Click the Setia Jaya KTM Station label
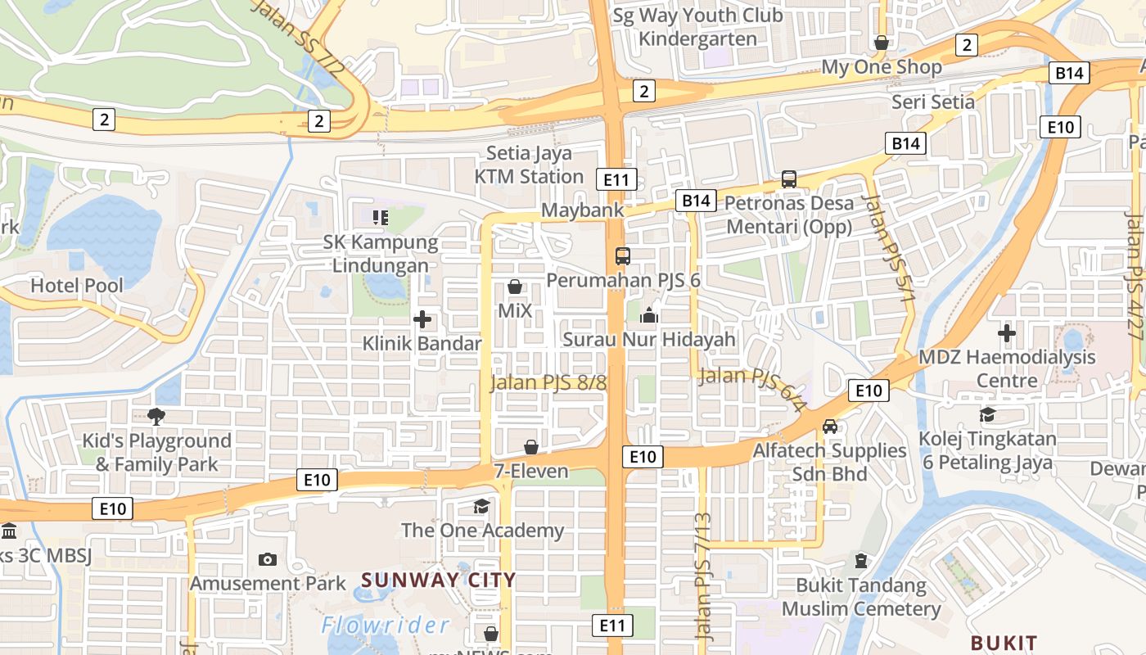pos(529,165)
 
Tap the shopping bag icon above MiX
pos(515,287)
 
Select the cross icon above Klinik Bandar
pos(422,319)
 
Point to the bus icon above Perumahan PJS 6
pos(623,256)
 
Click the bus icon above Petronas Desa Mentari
pos(789,178)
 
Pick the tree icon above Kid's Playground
pos(156,417)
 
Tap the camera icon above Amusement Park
pos(267,560)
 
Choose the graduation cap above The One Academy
pos(482,507)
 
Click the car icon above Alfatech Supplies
pos(830,427)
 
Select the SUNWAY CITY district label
pos(439,580)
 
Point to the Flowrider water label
pos(385,626)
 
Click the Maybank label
pos(582,210)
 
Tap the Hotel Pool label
pos(77,286)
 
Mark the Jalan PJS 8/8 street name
pos(548,382)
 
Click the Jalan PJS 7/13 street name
pos(703,576)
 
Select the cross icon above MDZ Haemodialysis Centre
pos(1007,333)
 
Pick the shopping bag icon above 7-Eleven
pos(531,447)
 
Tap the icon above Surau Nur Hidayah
pos(649,315)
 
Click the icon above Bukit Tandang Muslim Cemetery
pos(860,561)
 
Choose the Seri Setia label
pos(933,102)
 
